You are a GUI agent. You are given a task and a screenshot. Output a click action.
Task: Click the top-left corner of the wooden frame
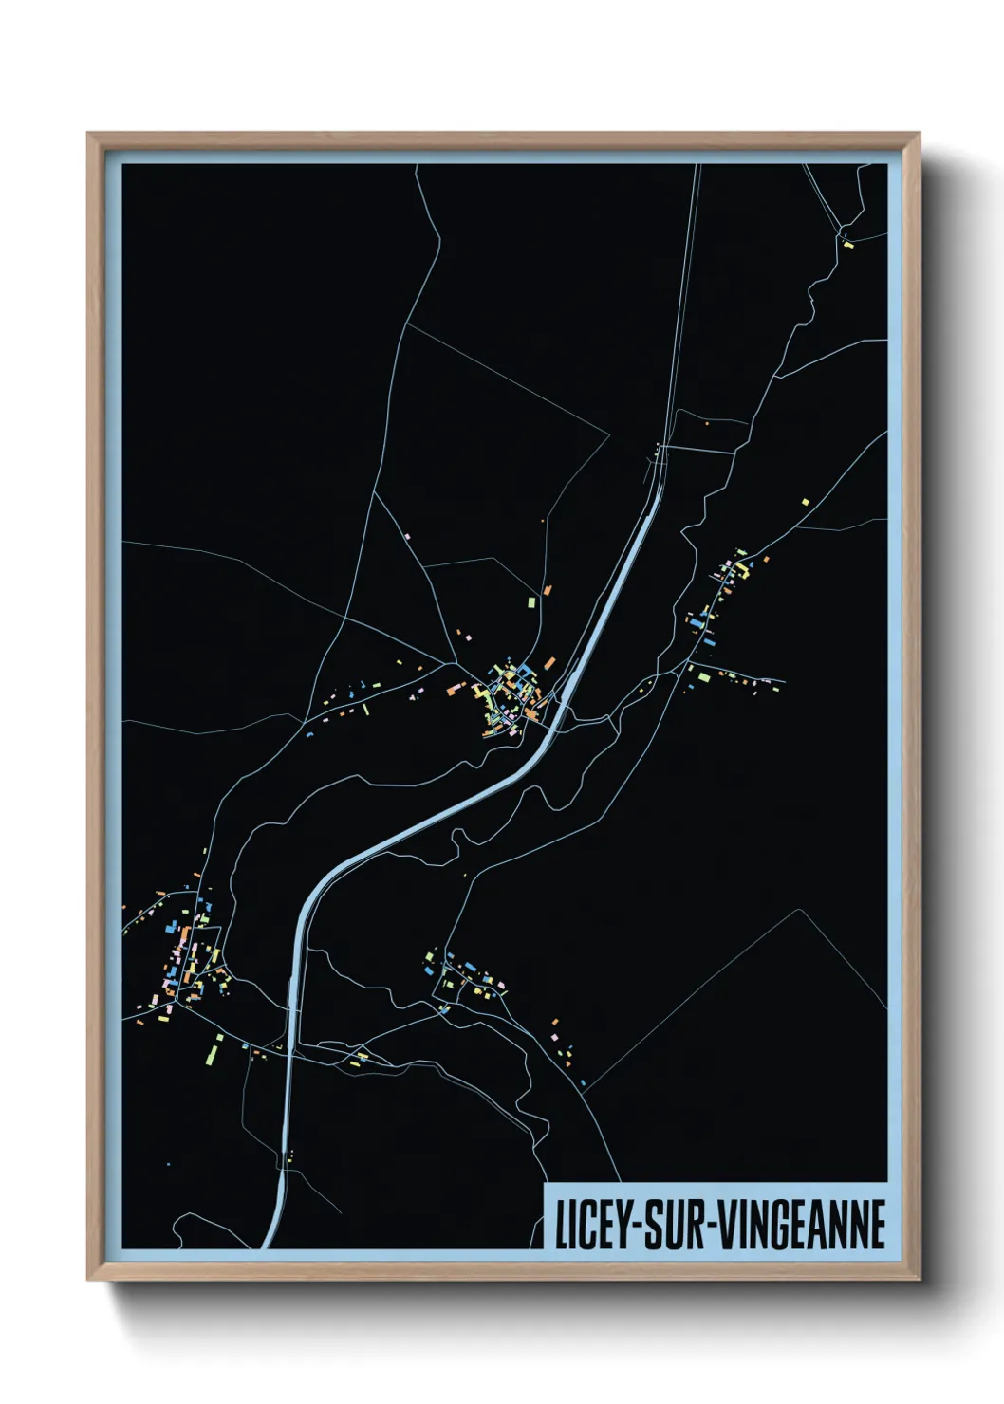[89, 135]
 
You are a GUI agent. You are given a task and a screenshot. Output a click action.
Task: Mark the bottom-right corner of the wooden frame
[918, 1279]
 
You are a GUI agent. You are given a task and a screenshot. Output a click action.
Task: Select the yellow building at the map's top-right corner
[848, 245]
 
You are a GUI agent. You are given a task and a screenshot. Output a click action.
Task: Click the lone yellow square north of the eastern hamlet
[806, 501]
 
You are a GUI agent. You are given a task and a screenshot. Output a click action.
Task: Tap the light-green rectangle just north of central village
[530, 600]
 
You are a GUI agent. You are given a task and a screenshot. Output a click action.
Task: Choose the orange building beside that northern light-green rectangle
[547, 590]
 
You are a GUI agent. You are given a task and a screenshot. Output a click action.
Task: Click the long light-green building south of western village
[214, 1052]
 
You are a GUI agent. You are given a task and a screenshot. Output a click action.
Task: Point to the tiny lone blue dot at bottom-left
[169, 1163]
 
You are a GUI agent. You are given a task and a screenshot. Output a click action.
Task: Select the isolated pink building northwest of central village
[407, 536]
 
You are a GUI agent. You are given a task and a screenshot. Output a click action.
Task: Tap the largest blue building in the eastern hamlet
[699, 622]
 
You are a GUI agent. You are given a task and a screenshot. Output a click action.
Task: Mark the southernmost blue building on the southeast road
[583, 1082]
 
